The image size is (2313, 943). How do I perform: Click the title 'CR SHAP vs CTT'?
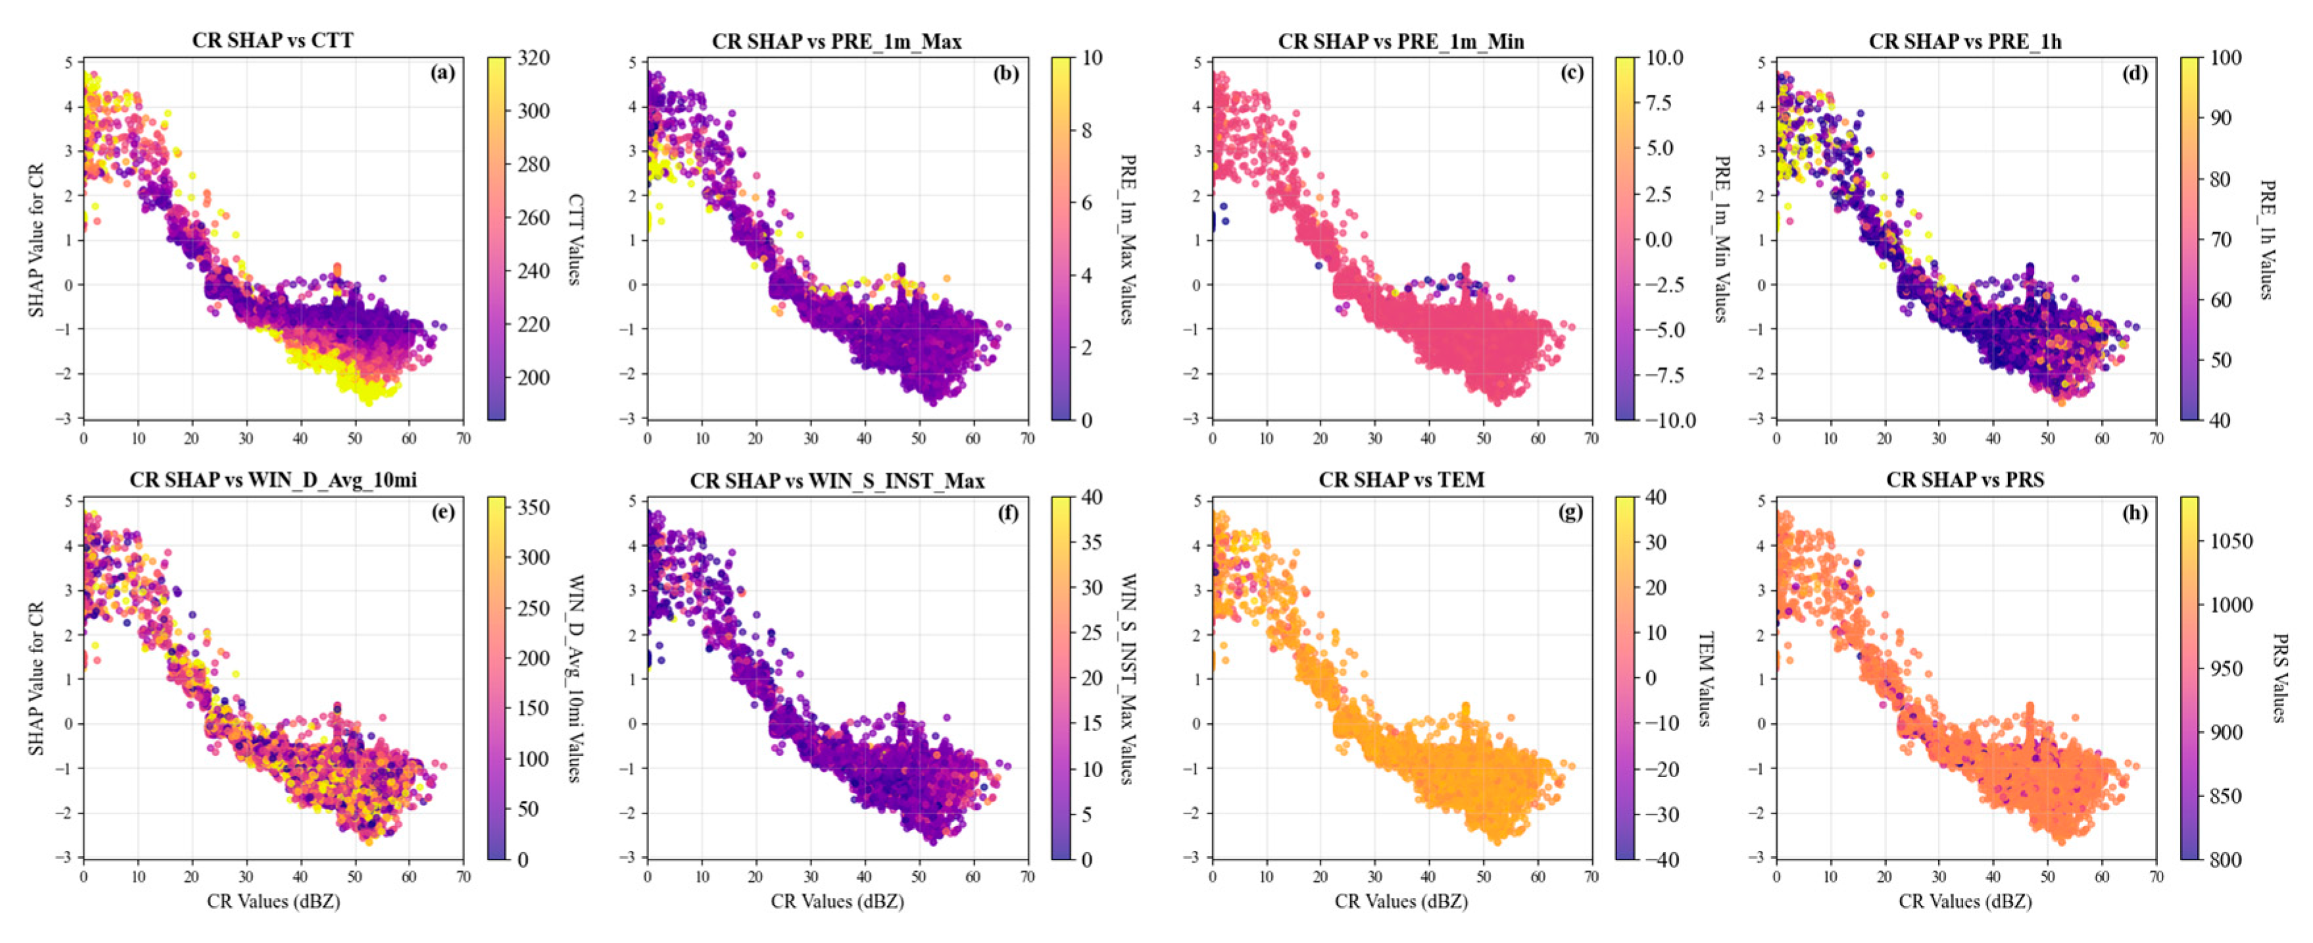(x=272, y=40)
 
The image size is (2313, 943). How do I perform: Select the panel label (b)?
(x=1005, y=74)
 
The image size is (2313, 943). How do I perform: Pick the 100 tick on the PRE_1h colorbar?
(x=2225, y=57)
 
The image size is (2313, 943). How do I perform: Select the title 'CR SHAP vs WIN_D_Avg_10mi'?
(x=272, y=480)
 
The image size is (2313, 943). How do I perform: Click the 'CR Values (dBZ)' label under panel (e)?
(x=273, y=901)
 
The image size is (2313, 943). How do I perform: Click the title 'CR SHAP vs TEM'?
(x=1401, y=480)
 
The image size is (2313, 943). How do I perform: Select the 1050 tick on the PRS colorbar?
(x=2229, y=542)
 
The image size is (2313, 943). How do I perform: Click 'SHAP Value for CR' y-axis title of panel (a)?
(x=36, y=239)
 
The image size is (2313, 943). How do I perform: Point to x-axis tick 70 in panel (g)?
(x=1591, y=877)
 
